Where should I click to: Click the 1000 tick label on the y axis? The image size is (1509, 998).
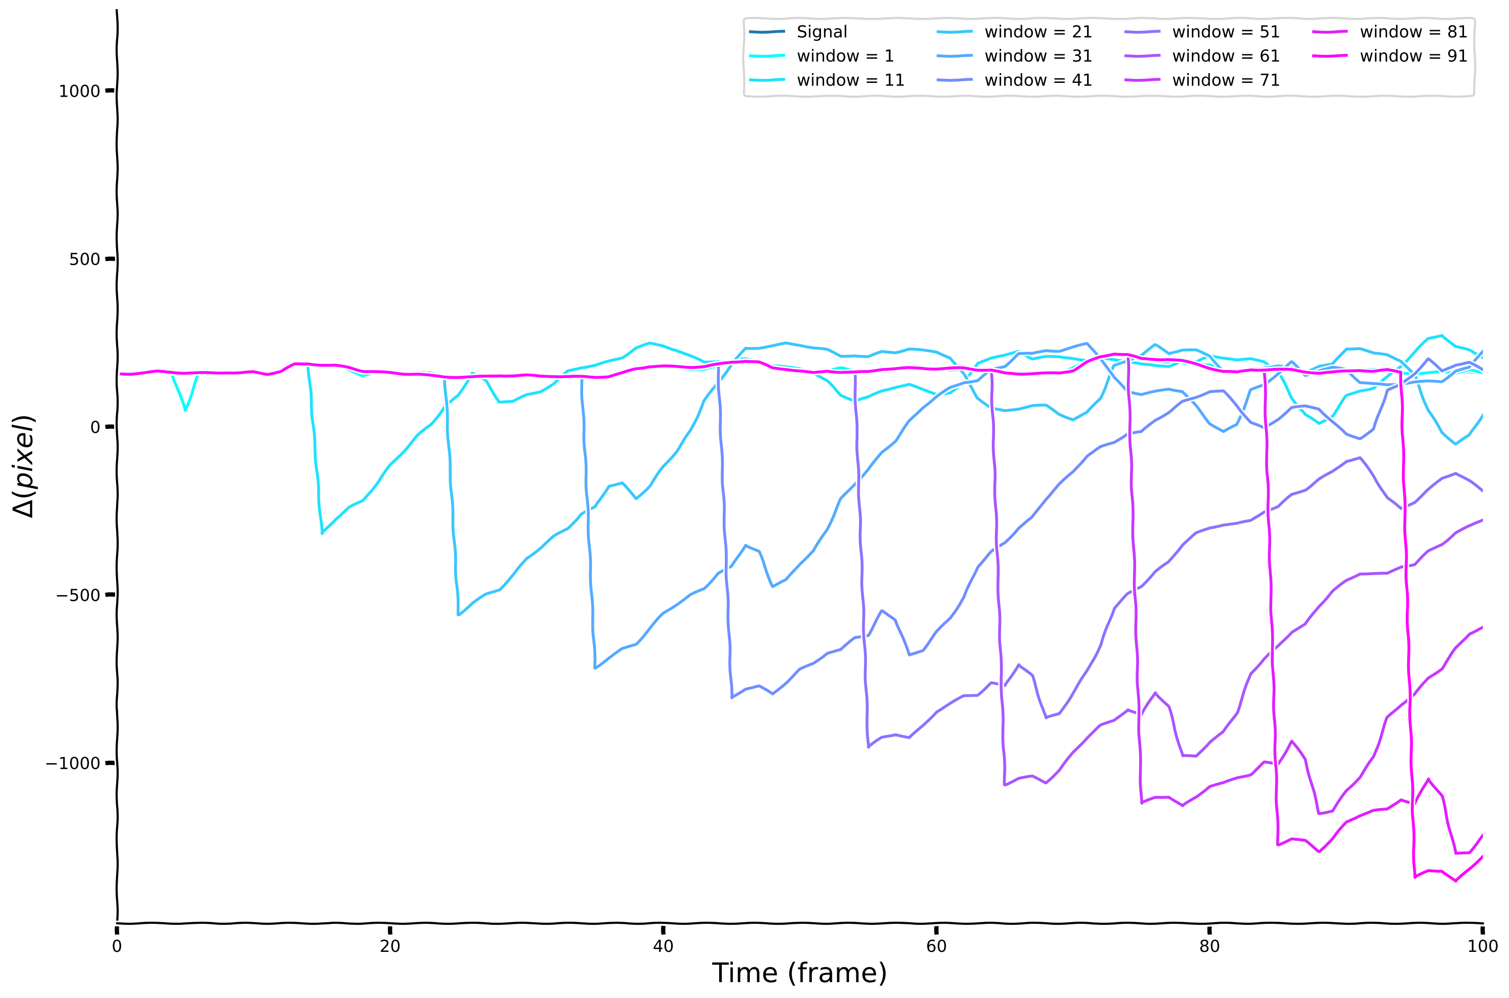[79, 92]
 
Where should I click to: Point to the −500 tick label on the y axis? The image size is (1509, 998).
[78, 596]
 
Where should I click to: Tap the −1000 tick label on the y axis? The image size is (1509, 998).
[73, 764]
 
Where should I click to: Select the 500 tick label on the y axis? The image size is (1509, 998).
[84, 259]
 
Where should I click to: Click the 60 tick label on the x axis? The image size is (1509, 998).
[936, 946]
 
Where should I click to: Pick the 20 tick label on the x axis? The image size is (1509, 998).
[390, 946]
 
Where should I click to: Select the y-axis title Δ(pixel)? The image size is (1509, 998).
[24, 467]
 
